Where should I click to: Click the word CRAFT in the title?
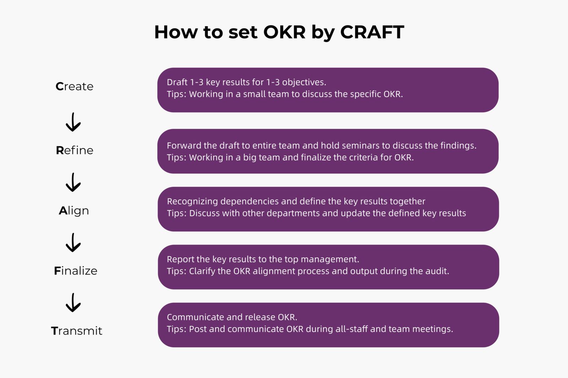click(372, 32)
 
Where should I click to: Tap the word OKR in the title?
click(284, 32)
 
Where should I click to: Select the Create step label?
click(75, 86)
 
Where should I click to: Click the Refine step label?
click(75, 150)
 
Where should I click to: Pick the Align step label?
click(74, 211)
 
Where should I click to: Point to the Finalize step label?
click(76, 271)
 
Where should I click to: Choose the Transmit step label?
click(77, 331)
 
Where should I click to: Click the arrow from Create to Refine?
click(73, 122)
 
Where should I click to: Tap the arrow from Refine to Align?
click(73, 182)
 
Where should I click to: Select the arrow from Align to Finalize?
click(73, 243)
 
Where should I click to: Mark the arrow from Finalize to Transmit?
click(73, 303)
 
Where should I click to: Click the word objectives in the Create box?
click(304, 82)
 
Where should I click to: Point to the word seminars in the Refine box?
click(367, 146)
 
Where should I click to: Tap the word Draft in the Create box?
click(177, 82)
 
